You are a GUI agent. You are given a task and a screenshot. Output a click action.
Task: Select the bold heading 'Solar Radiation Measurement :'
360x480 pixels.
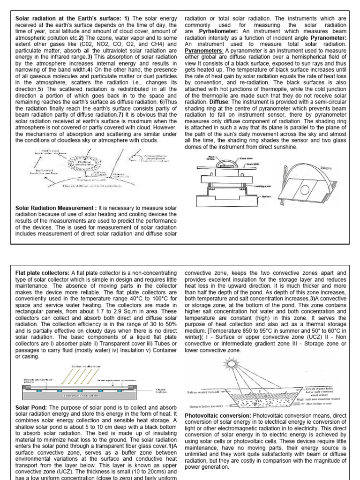(x=57, y=208)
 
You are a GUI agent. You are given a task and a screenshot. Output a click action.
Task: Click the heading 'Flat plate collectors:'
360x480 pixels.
(x=42, y=273)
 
